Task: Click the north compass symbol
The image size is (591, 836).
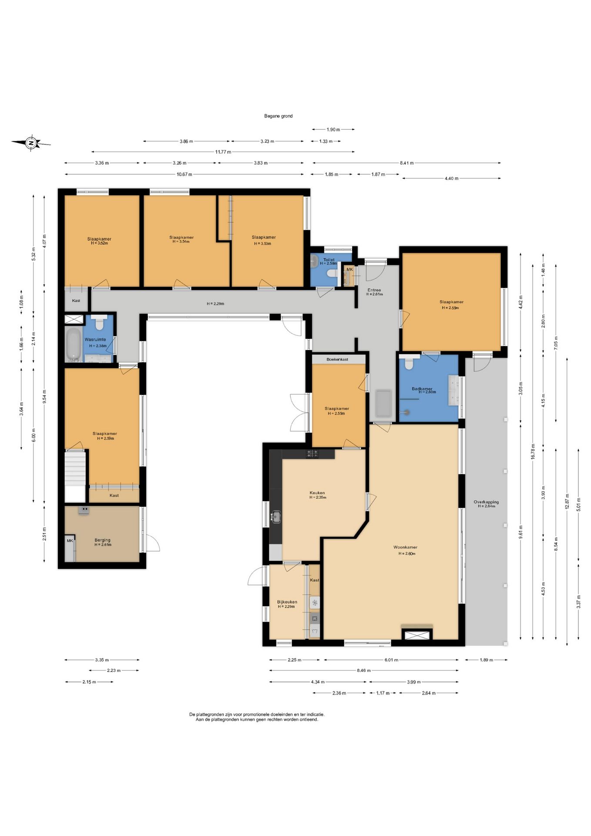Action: click(x=30, y=143)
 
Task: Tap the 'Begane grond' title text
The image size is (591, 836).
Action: click(x=279, y=116)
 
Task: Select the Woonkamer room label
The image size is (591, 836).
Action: click(x=405, y=547)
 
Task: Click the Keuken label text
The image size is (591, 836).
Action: click(x=317, y=493)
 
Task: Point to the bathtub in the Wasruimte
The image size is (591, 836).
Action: click(x=74, y=345)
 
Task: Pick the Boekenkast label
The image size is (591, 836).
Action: click(x=337, y=359)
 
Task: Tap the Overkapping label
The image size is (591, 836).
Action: click(x=486, y=502)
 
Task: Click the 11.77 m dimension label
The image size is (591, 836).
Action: click(x=223, y=152)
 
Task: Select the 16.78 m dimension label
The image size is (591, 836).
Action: click(x=533, y=452)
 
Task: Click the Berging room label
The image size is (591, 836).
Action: click(x=103, y=540)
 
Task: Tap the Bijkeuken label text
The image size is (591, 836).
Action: click(x=287, y=602)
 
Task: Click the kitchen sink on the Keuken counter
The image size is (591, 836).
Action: click(x=275, y=517)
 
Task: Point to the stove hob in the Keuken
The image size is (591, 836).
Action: click(x=312, y=454)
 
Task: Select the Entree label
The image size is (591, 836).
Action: click(x=374, y=290)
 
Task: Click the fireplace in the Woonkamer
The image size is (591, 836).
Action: click(x=417, y=634)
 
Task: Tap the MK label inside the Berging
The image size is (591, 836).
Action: click(x=70, y=541)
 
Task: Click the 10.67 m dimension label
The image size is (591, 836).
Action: click(x=185, y=174)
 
